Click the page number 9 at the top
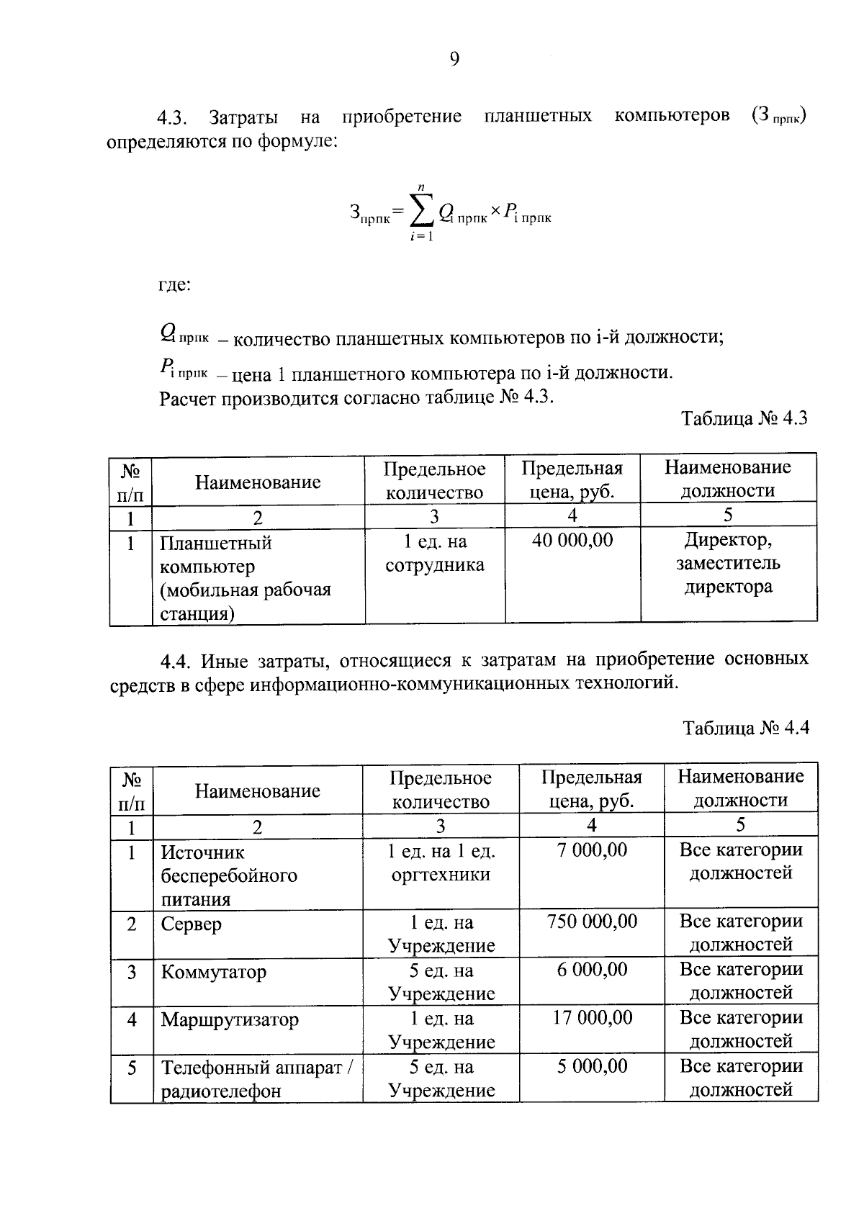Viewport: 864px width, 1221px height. coord(454,59)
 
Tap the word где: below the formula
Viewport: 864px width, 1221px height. coord(175,285)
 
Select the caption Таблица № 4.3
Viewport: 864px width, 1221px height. coord(744,419)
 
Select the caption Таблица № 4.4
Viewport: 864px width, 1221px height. coord(746,727)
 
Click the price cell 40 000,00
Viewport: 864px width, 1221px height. coord(572,540)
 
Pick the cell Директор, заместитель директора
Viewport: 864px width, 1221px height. coord(728,563)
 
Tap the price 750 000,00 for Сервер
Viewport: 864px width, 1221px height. coord(592,922)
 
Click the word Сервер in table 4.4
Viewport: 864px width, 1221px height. coord(191,924)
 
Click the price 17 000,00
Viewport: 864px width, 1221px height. coord(592,1018)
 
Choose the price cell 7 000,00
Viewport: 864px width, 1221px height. coord(592,850)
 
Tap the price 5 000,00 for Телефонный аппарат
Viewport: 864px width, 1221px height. coord(592,1066)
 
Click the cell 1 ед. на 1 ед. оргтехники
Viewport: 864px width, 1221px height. coord(441,862)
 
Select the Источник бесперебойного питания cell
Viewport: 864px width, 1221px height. coord(229,875)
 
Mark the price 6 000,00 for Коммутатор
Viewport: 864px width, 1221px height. coord(592,970)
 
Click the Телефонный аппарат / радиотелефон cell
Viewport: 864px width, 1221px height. coord(256,1078)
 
